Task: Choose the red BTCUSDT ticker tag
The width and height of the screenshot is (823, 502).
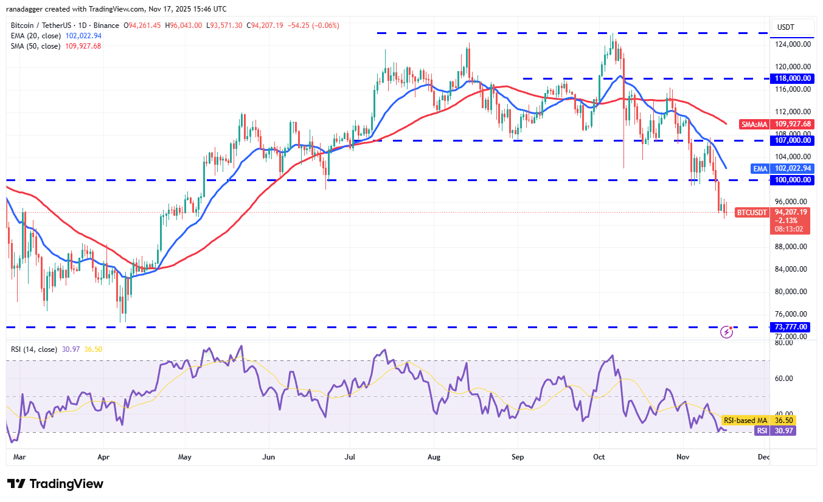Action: click(x=752, y=212)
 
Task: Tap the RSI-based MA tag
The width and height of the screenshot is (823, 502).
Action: click(x=745, y=420)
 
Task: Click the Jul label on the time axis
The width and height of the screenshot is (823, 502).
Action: click(x=350, y=456)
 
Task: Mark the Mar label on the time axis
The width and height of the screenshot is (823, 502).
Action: click(x=19, y=456)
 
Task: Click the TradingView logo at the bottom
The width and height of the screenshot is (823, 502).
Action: click(x=55, y=484)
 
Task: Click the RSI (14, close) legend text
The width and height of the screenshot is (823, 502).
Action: click(x=35, y=349)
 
